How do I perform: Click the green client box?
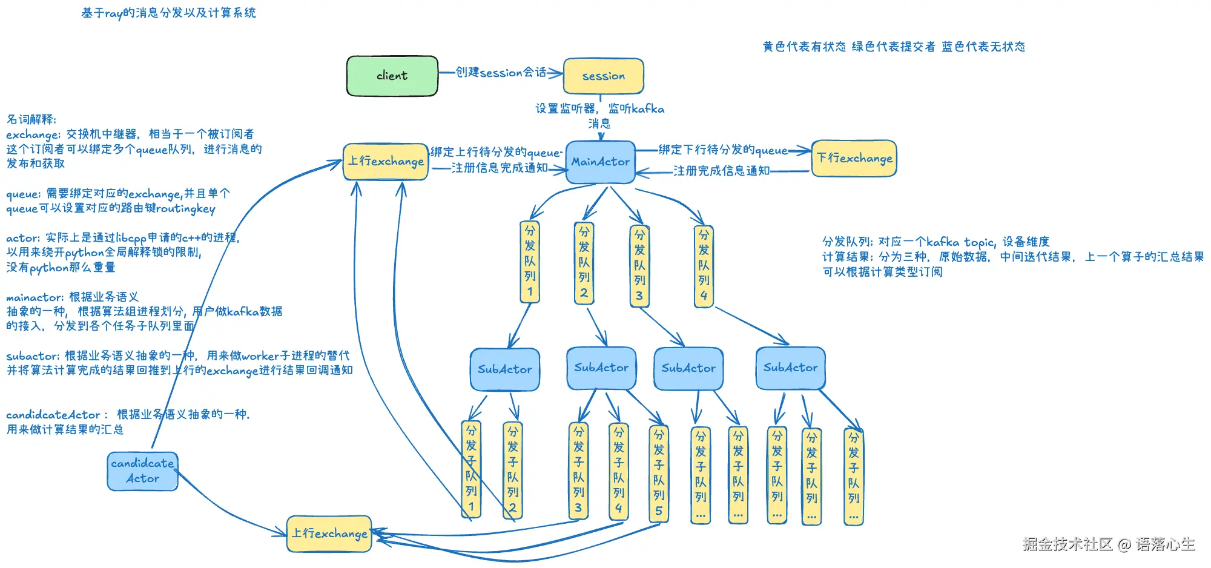click(392, 76)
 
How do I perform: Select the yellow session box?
click(603, 76)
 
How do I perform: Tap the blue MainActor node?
click(600, 162)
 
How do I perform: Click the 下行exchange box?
click(854, 159)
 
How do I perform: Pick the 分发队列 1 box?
click(530, 262)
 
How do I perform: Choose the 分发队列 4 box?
click(704, 266)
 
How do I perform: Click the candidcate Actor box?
click(143, 471)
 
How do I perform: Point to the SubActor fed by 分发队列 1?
click(505, 369)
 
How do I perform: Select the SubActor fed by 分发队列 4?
click(791, 368)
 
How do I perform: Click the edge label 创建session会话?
click(501, 73)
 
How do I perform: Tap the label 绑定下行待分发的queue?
click(723, 150)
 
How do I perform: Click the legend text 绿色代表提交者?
click(893, 47)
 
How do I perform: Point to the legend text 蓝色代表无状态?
click(983, 47)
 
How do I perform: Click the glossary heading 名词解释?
click(31, 119)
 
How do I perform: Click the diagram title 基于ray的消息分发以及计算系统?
click(168, 13)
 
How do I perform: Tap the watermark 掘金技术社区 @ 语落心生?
click(1109, 544)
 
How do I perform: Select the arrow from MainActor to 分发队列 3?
click(626, 205)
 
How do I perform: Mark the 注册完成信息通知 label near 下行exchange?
click(721, 171)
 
